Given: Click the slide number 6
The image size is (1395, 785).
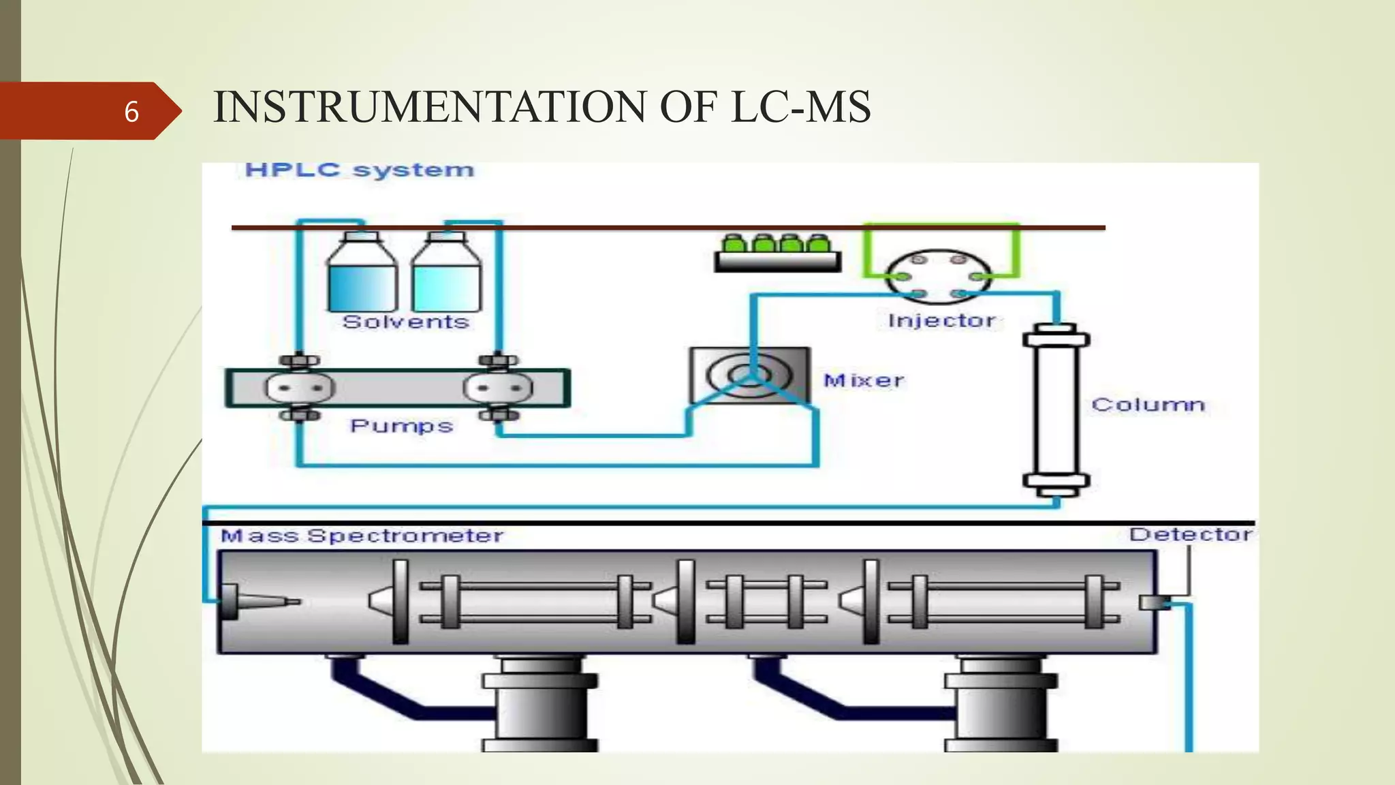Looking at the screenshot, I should pyautogui.click(x=131, y=112).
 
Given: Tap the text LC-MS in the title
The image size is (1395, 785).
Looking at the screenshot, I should pyautogui.click(x=800, y=108).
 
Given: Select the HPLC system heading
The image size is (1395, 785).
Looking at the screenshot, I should pyautogui.click(x=359, y=170).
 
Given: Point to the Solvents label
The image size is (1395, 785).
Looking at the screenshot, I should pyautogui.click(x=406, y=322).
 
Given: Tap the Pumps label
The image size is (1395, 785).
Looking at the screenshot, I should pyautogui.click(x=401, y=426).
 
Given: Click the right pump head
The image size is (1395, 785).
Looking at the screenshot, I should pyautogui.click(x=498, y=388).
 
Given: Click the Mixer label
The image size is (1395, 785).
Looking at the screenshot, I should pyautogui.click(x=864, y=380).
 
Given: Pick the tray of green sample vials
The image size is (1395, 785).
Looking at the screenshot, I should pyautogui.click(x=777, y=253).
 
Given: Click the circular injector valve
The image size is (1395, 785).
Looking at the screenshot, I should pyautogui.click(x=939, y=276).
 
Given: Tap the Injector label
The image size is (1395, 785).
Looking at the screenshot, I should pyautogui.click(x=941, y=320).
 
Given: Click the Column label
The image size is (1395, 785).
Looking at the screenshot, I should pyautogui.click(x=1148, y=405).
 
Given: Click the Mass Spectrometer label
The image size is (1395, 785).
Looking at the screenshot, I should pyautogui.click(x=362, y=536).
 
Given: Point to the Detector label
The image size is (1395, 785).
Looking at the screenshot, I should pyautogui.click(x=1190, y=534).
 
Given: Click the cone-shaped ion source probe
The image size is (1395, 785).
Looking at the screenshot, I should pyautogui.click(x=259, y=602).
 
